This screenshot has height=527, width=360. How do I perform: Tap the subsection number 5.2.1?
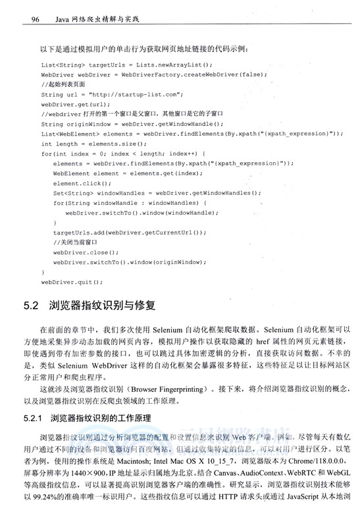click(33, 419)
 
